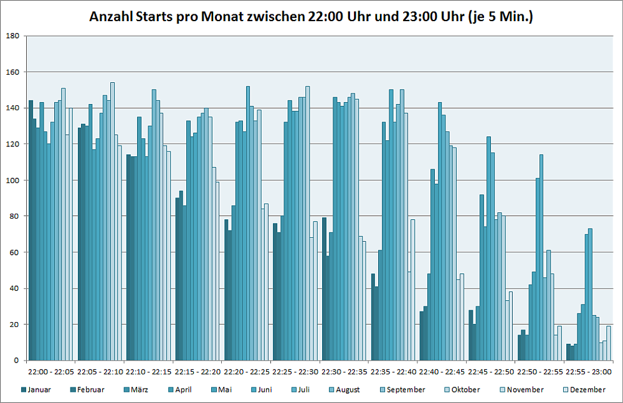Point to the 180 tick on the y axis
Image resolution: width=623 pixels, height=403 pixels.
pyautogui.click(x=12, y=36)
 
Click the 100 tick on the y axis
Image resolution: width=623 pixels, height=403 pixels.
pyautogui.click(x=12, y=181)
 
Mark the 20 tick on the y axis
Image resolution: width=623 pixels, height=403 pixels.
pyautogui.click(x=14, y=325)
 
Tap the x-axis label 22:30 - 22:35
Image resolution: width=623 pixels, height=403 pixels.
pyautogui.click(x=345, y=372)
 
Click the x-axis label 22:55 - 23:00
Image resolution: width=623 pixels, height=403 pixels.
pyautogui.click(x=589, y=372)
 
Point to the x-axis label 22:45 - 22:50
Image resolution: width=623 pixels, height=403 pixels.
pyautogui.click(x=492, y=372)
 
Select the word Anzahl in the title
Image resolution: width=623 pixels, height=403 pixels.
pyautogui.click(x=110, y=17)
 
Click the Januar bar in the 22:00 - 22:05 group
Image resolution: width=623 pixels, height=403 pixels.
pyautogui.click(x=31, y=230)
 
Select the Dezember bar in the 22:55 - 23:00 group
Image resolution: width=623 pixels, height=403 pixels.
pyautogui.click(x=609, y=343)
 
